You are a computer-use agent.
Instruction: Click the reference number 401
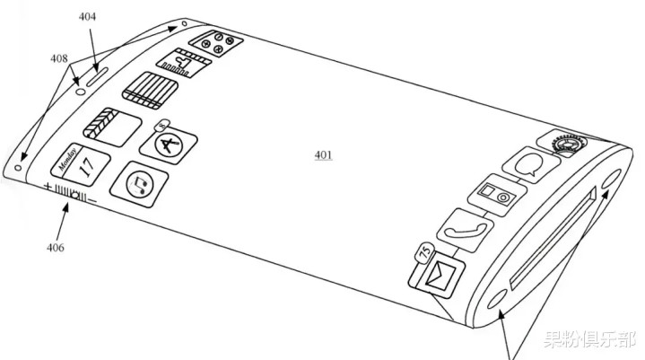tap(323, 155)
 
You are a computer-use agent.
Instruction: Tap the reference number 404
tap(87, 16)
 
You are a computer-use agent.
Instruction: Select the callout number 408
tap(59, 58)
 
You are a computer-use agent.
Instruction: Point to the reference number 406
tap(55, 247)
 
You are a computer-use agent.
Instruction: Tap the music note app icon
tap(139, 184)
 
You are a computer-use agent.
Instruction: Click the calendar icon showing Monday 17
tap(80, 164)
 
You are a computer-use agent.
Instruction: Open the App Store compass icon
tap(169, 145)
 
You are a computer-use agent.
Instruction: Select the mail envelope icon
tap(437, 274)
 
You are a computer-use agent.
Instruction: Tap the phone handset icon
tap(465, 231)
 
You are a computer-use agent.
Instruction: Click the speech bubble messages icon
tap(531, 164)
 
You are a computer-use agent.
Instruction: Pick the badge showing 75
tap(425, 252)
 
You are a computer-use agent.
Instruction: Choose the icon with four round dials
tap(216, 43)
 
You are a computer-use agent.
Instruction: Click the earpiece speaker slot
tap(97, 77)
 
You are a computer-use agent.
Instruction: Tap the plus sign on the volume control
tap(48, 188)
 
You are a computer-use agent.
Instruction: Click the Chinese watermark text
tap(589, 339)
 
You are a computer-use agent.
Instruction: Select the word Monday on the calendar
tap(67, 159)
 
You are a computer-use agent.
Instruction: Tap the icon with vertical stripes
tap(150, 91)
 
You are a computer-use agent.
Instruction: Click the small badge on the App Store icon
tap(163, 125)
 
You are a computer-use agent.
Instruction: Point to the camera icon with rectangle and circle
tap(497, 196)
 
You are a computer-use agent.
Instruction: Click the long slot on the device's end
tap(553, 238)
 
